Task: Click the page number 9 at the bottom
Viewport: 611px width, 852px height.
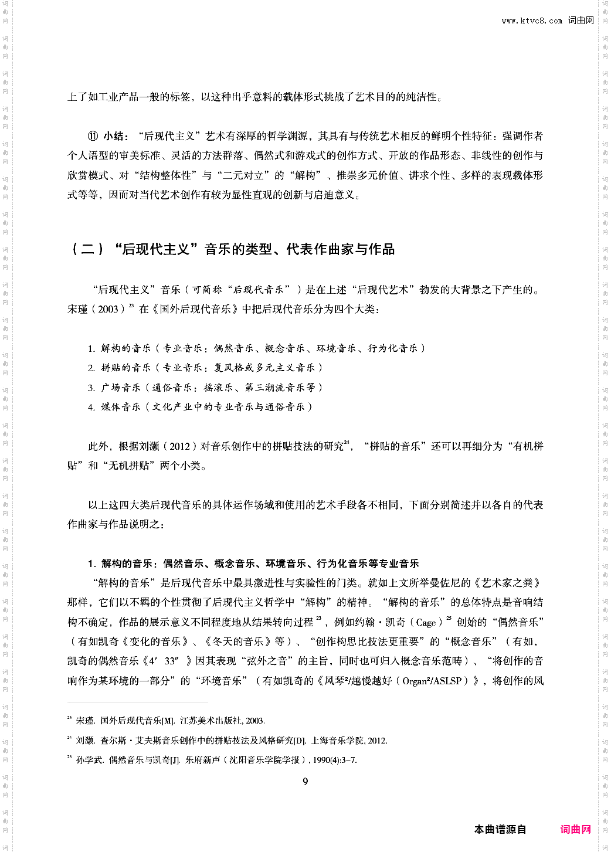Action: click(x=305, y=781)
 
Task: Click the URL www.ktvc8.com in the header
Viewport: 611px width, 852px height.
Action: click(x=532, y=21)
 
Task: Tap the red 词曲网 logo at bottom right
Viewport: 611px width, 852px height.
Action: click(x=575, y=829)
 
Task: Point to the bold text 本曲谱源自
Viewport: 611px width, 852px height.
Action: click(x=500, y=829)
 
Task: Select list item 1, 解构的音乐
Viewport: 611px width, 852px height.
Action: click(x=256, y=348)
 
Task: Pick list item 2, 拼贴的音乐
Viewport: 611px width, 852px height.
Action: click(x=205, y=368)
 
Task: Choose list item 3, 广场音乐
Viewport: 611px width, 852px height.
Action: click(x=205, y=388)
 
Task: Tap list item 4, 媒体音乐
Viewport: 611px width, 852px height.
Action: click(x=200, y=407)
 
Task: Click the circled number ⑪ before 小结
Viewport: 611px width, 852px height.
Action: click(x=93, y=136)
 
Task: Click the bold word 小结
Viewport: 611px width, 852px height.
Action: click(x=114, y=136)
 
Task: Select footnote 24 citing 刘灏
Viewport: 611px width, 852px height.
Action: click(x=231, y=741)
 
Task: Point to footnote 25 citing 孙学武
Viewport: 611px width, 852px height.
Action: click(x=216, y=760)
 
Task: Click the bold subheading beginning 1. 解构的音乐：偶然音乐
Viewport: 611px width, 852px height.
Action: click(x=253, y=564)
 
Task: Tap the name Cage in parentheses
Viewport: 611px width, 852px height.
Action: click(x=426, y=623)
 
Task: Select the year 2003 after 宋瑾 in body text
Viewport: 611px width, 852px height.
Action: click(x=108, y=309)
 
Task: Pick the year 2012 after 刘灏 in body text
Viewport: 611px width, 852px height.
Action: click(x=179, y=446)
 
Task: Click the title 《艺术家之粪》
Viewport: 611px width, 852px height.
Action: click(x=508, y=583)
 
